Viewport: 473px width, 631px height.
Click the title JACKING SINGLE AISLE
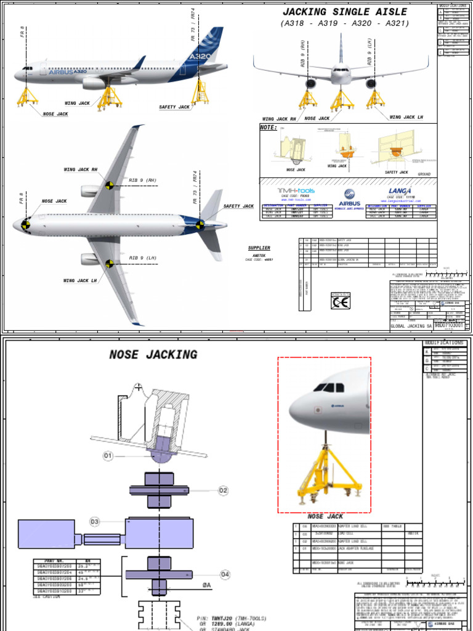coord(344,12)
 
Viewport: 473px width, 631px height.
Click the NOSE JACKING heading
coord(153,355)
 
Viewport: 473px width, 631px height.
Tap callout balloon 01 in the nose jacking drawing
coord(109,456)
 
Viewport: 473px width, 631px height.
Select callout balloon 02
coord(222,491)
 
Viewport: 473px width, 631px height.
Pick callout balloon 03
coord(94,522)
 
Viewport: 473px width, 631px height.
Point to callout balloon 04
coord(225,574)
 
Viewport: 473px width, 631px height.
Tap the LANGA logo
coord(400,192)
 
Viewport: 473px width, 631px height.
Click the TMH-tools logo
coord(296,192)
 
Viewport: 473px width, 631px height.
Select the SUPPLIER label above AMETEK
coord(259,248)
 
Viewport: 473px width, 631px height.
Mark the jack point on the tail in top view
coord(200,225)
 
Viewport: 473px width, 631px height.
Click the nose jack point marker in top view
coord(26,224)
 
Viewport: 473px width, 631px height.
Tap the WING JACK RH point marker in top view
coord(109,184)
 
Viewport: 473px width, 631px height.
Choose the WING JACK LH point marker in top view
coord(109,264)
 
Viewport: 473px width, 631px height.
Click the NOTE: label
coord(269,128)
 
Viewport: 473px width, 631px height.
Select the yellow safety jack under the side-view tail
coord(201,92)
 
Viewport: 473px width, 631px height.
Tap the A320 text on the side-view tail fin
coord(200,57)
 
